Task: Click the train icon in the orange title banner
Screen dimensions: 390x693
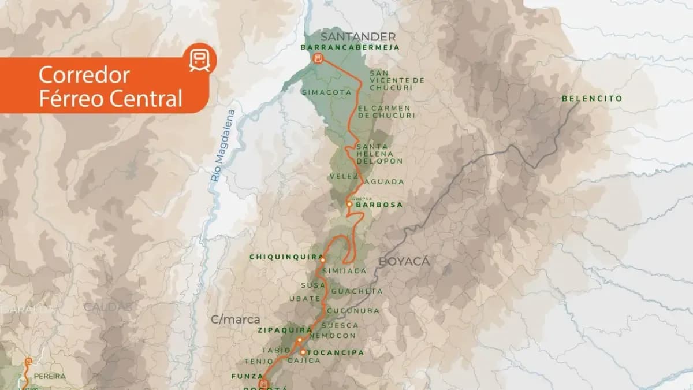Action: [200, 58]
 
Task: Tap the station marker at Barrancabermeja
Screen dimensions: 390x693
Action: [316, 58]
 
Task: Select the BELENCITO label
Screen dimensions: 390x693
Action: [592, 99]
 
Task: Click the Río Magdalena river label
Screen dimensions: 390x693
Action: [222, 146]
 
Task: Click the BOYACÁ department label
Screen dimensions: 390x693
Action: [404, 261]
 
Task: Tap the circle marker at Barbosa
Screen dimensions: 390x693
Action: [349, 205]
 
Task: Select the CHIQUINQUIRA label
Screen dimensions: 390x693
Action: [284, 257]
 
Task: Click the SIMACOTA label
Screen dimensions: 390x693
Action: [319, 91]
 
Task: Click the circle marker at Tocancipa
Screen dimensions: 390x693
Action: [303, 352]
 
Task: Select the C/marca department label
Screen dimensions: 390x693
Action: [235, 319]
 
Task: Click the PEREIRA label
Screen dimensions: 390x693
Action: [50, 376]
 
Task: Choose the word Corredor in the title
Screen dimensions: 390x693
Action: [84, 75]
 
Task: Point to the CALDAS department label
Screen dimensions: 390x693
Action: [107, 306]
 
